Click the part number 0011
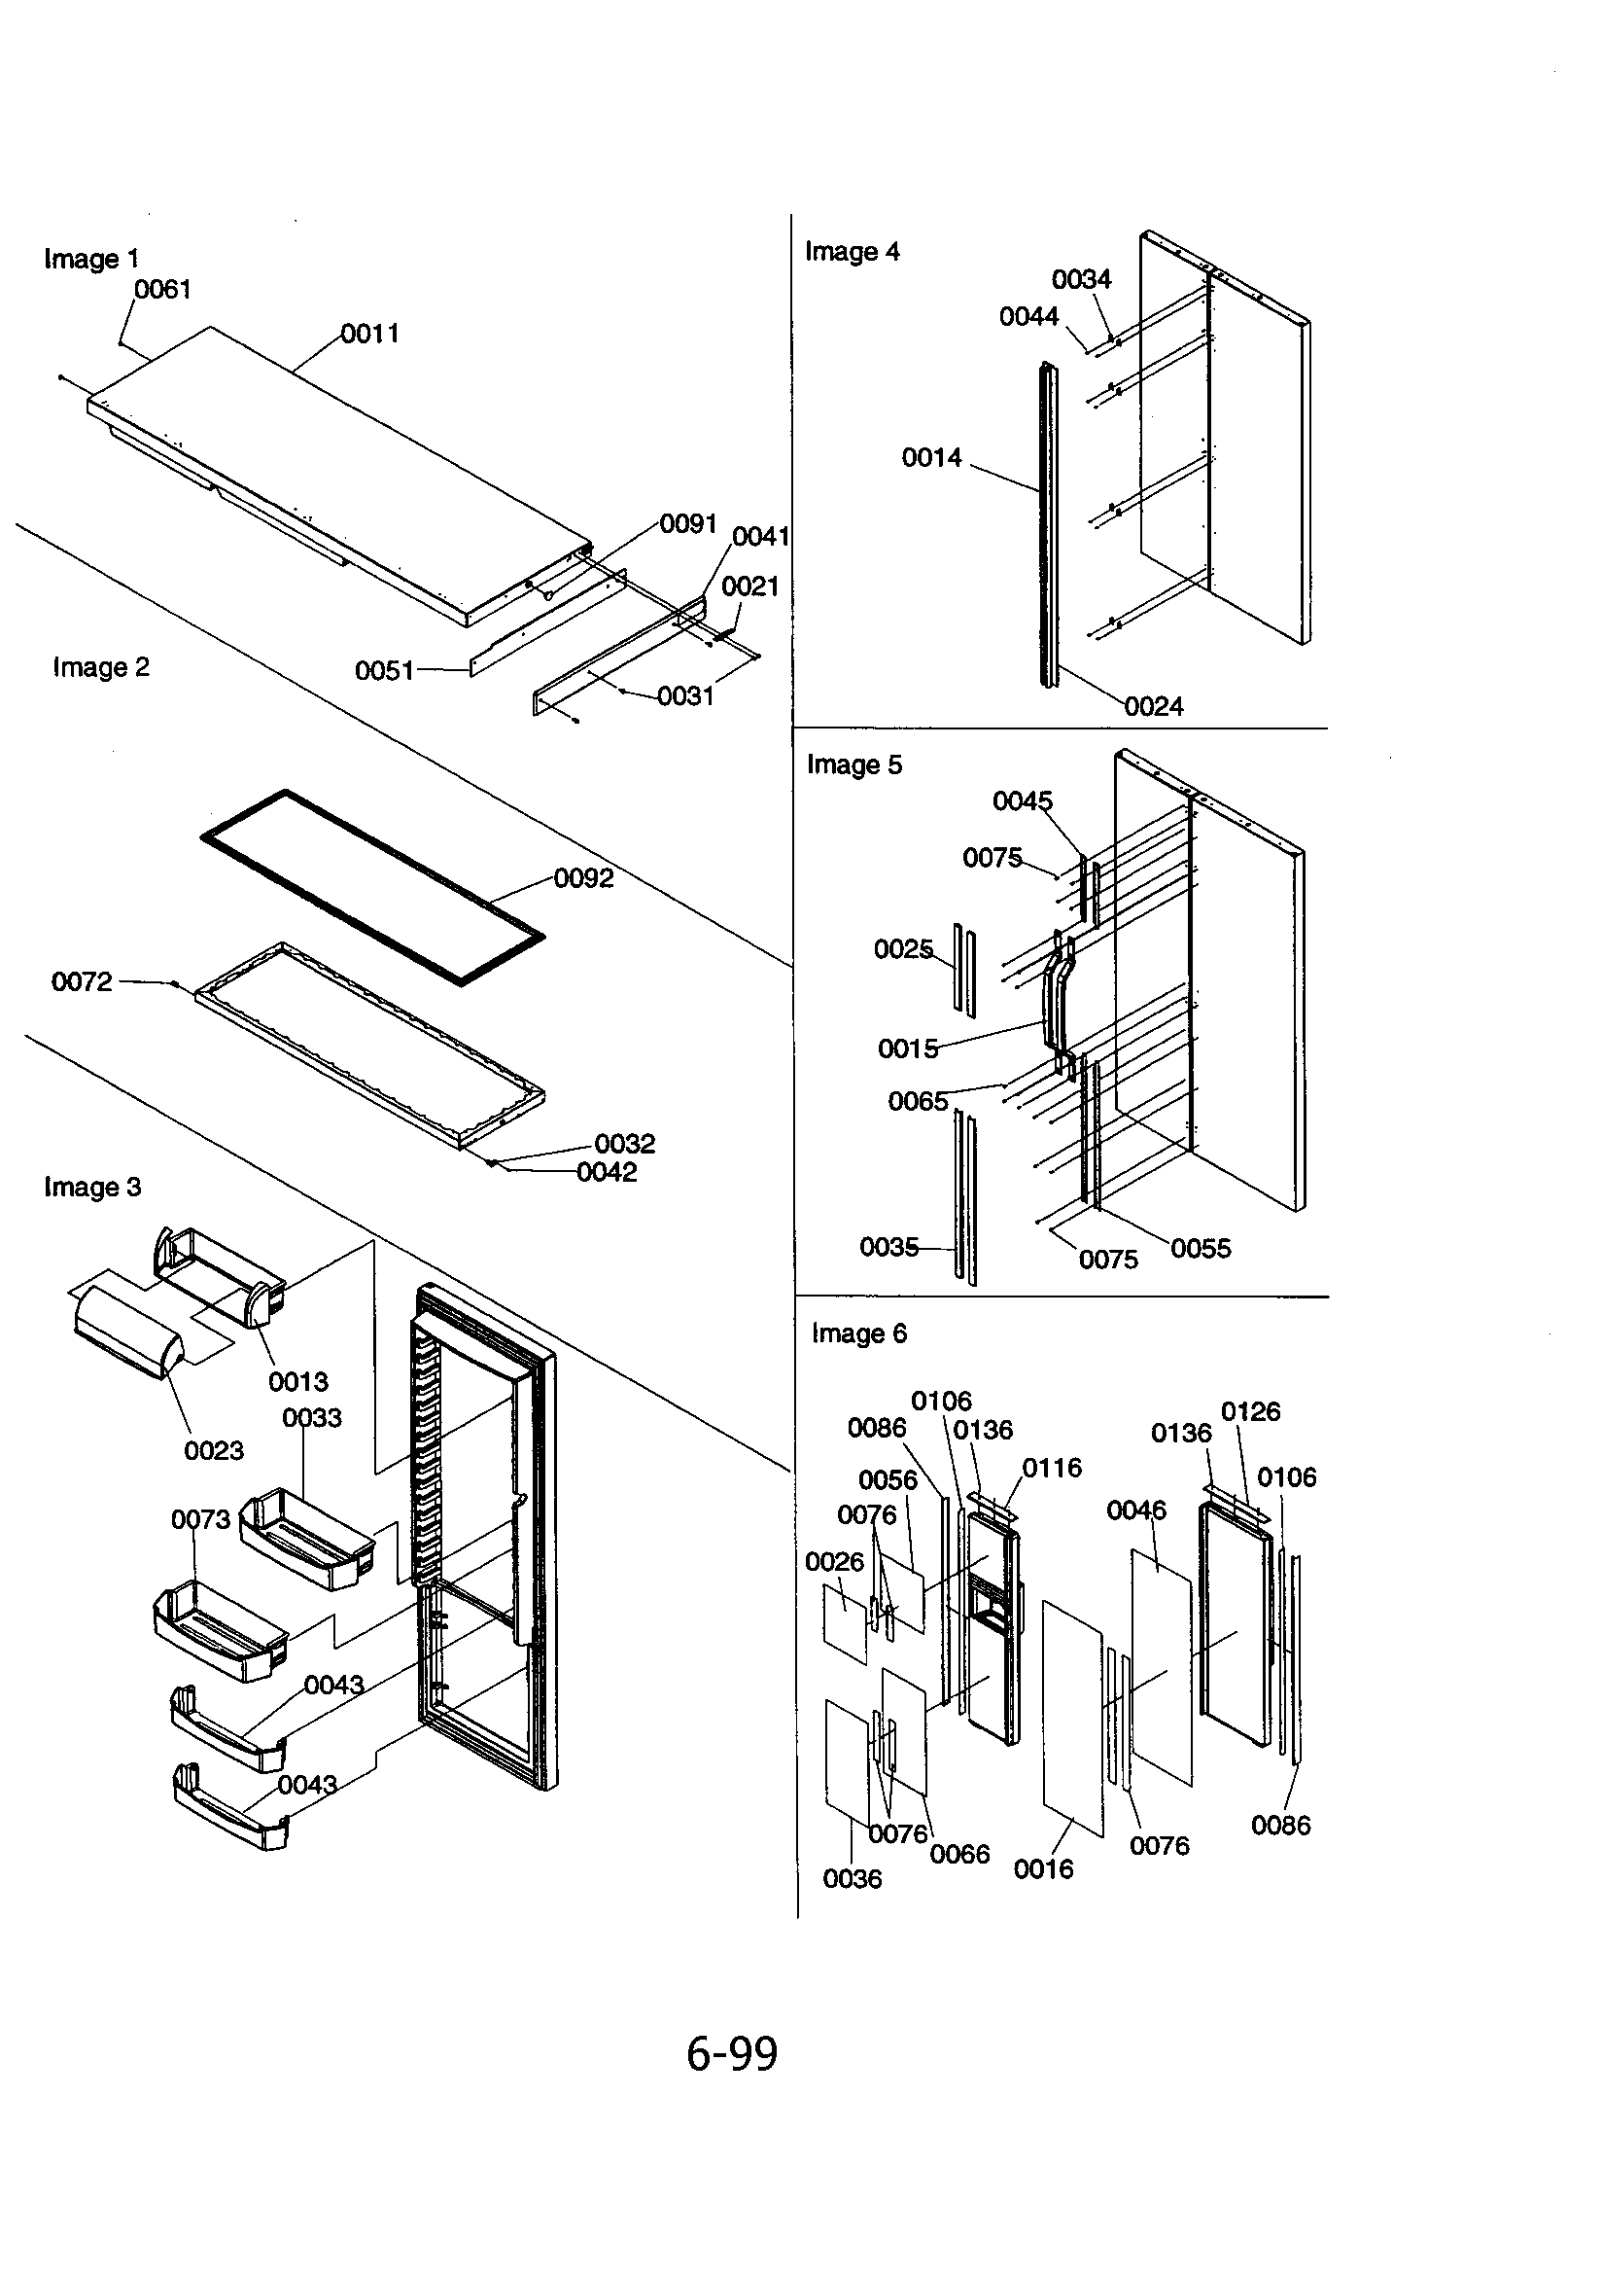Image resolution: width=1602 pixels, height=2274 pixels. tap(370, 334)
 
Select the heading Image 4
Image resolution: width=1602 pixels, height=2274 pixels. tap(852, 252)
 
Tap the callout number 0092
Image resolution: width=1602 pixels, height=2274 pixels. tap(583, 878)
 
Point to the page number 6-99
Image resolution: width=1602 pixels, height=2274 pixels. tap(732, 2053)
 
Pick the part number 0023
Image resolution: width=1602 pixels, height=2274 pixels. tap(213, 1451)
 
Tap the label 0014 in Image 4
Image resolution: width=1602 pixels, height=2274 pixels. tap(930, 457)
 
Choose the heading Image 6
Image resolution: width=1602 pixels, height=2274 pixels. tap(858, 1333)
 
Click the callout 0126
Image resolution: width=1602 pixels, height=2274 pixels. tap(1249, 1411)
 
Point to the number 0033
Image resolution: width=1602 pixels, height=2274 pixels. tap(312, 1418)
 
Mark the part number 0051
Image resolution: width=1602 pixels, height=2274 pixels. tap(384, 671)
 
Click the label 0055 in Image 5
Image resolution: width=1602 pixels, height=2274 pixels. tap(1200, 1249)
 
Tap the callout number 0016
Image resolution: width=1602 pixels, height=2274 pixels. tap(1043, 1869)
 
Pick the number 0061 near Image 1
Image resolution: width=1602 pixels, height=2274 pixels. tap(162, 290)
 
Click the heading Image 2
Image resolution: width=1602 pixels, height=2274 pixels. tap(101, 667)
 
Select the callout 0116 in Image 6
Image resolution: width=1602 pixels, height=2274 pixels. tap(1052, 1468)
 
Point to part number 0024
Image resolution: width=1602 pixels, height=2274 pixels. tap(1154, 707)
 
